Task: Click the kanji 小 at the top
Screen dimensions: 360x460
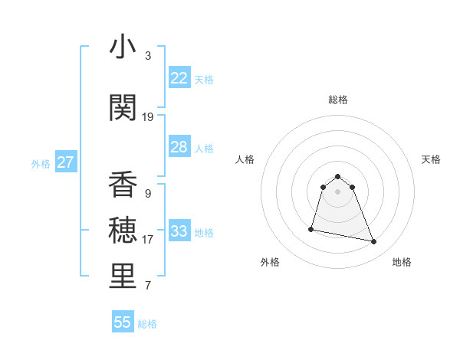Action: [123, 47]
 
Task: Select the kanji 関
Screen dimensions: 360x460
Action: [123, 107]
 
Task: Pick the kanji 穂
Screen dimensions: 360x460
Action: [123, 230]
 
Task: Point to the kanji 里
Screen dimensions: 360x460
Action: [123, 276]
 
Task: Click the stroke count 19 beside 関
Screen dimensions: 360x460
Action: [147, 116]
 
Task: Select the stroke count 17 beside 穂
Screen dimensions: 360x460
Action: [147, 239]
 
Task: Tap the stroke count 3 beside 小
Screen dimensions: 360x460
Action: [147, 55]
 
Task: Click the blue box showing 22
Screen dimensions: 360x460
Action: [179, 78]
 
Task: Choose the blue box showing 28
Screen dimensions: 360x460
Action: [179, 147]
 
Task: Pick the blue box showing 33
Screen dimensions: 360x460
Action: [179, 231]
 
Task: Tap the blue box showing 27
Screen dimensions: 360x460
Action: [65, 162]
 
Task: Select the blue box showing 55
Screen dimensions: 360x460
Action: [123, 322]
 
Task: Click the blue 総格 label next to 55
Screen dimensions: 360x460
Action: [147, 324]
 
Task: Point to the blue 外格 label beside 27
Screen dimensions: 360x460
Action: [41, 163]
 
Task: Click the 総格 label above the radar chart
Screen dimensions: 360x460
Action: [337, 100]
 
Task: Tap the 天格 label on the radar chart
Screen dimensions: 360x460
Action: [431, 159]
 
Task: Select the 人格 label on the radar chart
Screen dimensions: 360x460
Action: [245, 159]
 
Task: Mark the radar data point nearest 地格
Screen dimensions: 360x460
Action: [374, 242]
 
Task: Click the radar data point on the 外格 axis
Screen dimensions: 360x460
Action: [311, 228]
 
